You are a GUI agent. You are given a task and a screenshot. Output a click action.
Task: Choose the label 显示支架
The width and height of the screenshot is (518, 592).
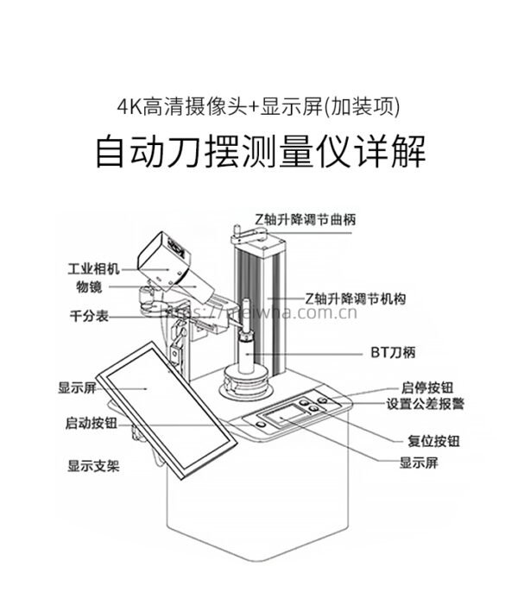click(x=93, y=466)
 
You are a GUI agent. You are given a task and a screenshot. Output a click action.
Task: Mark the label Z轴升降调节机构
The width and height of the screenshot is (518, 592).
click(x=355, y=298)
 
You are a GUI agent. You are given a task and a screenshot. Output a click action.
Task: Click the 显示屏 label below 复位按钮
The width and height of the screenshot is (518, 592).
click(x=420, y=463)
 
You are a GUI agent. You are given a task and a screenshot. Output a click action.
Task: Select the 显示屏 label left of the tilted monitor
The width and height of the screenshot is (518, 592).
click(x=76, y=387)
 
